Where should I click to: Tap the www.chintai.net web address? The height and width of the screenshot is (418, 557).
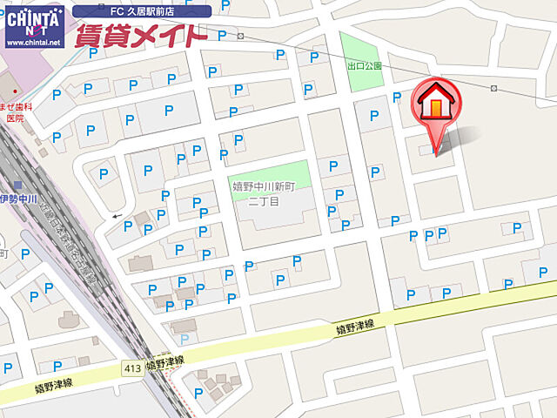pyautogui.click(x=33, y=41)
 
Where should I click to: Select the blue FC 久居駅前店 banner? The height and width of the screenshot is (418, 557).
pyautogui.click(x=142, y=10)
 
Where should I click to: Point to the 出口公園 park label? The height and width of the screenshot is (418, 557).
pyautogui.click(x=364, y=66)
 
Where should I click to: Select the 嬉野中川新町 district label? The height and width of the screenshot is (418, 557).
pyautogui.click(x=269, y=186)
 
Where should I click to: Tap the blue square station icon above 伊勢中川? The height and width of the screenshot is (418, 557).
pyautogui.click(x=17, y=185)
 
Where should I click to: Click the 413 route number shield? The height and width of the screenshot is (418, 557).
pyautogui.click(x=132, y=367)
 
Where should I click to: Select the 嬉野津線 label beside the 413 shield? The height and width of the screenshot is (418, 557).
pyautogui.click(x=165, y=361)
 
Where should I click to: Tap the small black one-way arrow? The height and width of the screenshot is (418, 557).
pyautogui.click(x=117, y=216)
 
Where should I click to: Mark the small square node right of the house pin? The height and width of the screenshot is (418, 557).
pyautogui.click(x=493, y=89)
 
